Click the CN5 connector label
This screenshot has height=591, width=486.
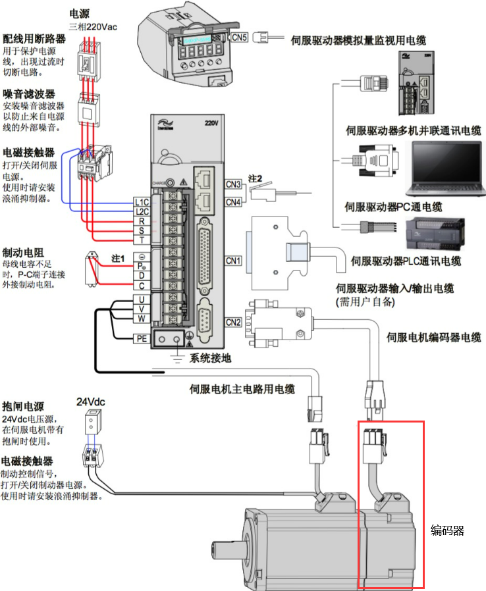[240, 38]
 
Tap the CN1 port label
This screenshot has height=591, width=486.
[233, 261]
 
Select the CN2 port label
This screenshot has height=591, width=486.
[233, 322]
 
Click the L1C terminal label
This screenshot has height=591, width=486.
[141, 202]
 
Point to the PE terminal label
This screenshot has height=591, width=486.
[141, 339]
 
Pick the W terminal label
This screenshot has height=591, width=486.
[141, 319]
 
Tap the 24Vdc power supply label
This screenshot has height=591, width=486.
[91, 402]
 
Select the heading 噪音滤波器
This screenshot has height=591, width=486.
[29, 94]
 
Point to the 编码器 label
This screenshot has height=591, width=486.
[447, 530]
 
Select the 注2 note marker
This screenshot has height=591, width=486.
[256, 179]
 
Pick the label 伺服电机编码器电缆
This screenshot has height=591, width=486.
[433, 338]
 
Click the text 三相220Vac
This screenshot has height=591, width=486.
[94, 27]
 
